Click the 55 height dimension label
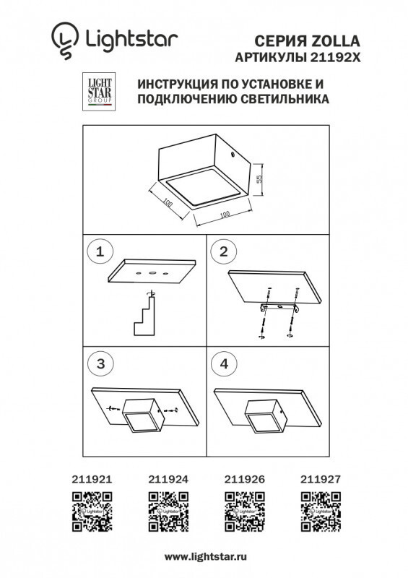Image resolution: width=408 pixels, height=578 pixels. (x=257, y=178)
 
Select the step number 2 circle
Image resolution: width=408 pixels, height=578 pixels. (x=223, y=252)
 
